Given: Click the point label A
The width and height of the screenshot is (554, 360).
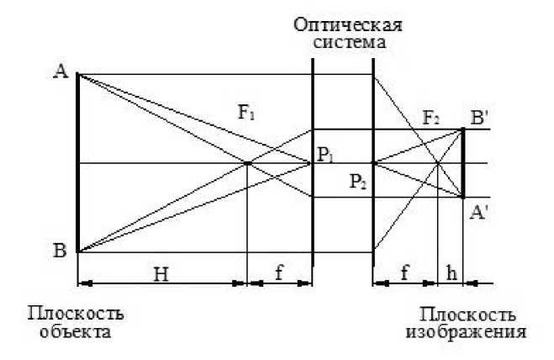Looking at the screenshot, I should click(x=60, y=72).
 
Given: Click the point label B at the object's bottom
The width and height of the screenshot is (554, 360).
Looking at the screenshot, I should click(x=60, y=251).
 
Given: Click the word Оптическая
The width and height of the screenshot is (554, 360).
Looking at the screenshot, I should click(x=346, y=23).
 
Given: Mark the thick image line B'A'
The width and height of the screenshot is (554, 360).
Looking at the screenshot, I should click(x=463, y=162).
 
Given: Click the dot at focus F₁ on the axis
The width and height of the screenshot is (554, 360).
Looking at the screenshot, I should click(x=248, y=163).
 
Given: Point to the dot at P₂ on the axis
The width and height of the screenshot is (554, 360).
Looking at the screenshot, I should click(x=372, y=163).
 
